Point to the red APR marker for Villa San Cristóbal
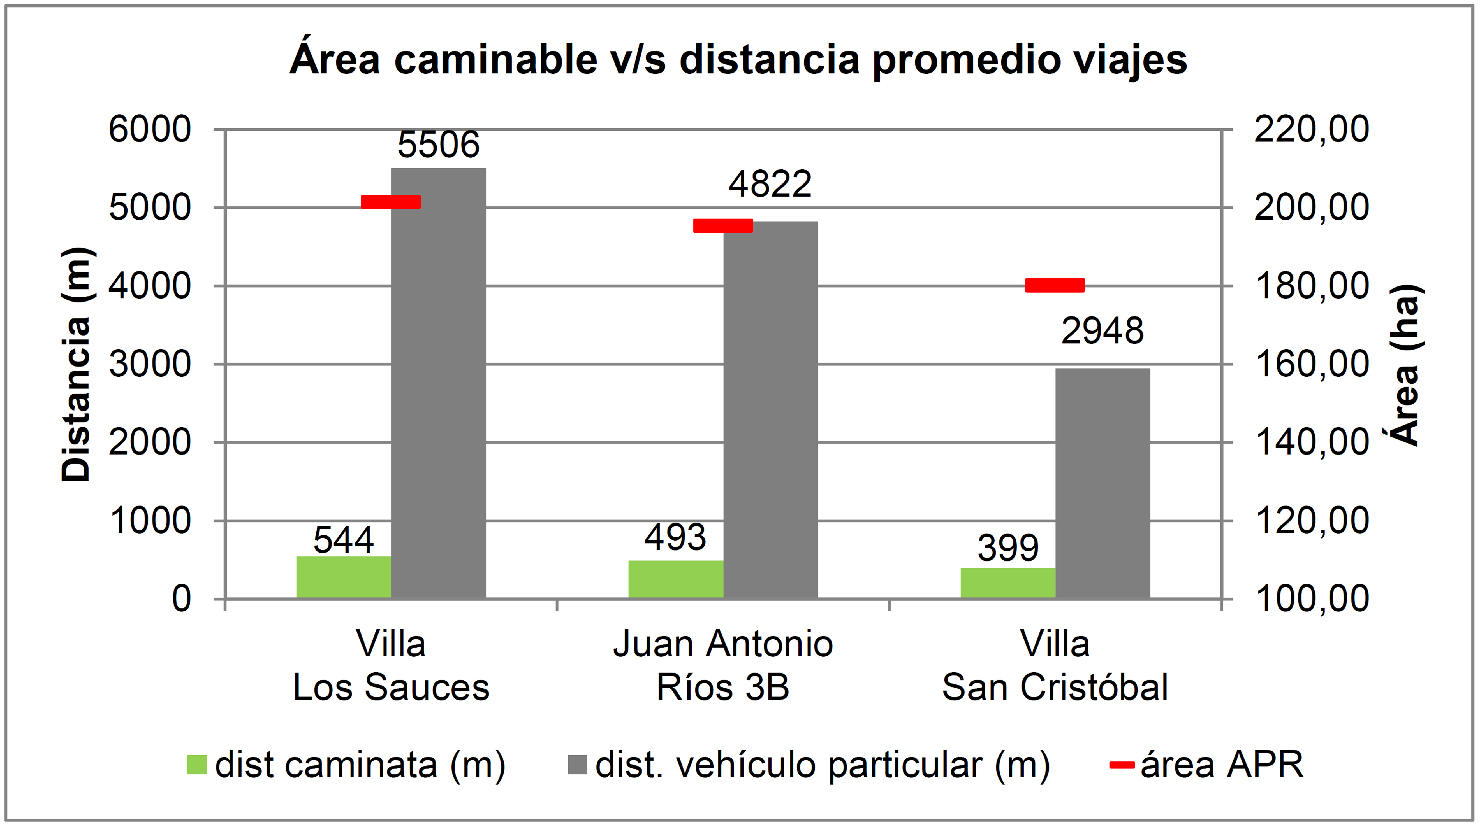click(x=1055, y=285)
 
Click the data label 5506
click(x=438, y=145)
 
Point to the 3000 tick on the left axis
click(x=150, y=365)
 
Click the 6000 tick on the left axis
click(x=150, y=130)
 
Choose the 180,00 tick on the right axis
click(x=1312, y=286)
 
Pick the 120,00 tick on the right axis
click(x=1312, y=521)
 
